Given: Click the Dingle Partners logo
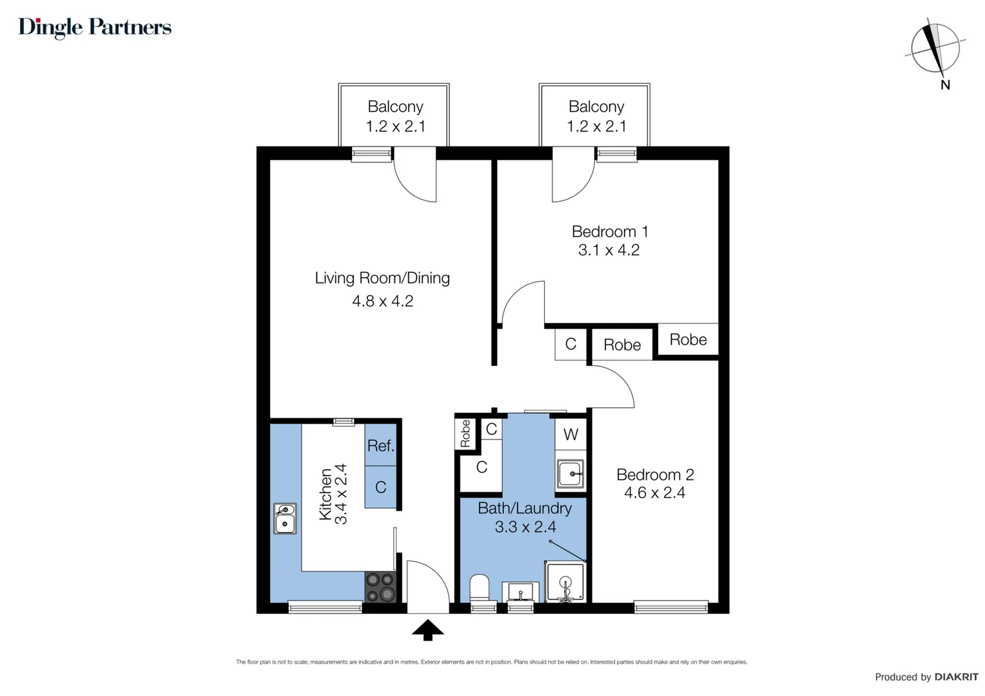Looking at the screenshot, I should point(95,27).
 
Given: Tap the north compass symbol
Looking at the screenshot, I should point(935,49).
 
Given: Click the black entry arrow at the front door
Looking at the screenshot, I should point(427,630).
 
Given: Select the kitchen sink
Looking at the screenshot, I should point(285,519).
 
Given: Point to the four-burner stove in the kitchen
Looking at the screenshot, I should point(380,587).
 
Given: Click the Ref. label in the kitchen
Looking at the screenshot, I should point(380,445).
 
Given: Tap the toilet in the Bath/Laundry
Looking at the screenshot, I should point(480,588).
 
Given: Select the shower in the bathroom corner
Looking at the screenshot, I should point(565,582).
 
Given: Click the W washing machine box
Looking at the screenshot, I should point(571,434).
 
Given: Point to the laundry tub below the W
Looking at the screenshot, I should point(571,474).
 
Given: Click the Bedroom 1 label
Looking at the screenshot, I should point(610,231).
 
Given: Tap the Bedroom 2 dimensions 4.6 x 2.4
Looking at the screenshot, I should point(654,493).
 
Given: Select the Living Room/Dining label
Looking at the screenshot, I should point(382,278).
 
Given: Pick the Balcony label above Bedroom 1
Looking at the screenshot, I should point(596,106).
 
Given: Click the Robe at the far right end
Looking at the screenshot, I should point(688,340).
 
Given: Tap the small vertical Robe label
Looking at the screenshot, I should point(465,434).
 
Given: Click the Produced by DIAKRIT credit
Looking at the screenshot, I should point(926,677).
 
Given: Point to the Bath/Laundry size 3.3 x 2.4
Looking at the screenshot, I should point(525,527).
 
